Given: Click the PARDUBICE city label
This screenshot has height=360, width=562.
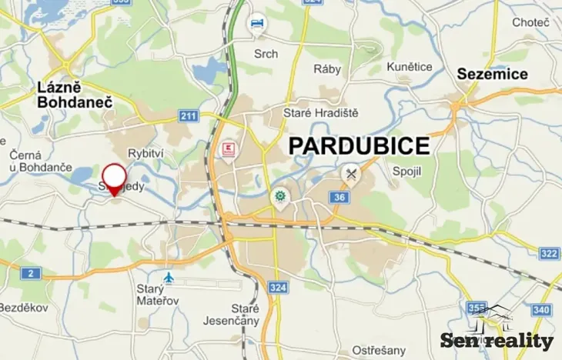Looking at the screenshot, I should (x=359, y=145).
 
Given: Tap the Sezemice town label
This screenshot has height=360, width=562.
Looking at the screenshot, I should (x=493, y=74).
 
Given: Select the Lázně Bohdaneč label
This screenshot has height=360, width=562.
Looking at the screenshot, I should (x=75, y=95).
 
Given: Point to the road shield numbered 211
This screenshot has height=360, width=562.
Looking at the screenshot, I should (x=188, y=116).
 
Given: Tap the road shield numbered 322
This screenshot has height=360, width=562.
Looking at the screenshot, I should (x=549, y=253).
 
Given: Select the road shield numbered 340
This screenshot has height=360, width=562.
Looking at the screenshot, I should (x=542, y=309).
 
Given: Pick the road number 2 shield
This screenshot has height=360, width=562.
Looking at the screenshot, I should (x=30, y=273).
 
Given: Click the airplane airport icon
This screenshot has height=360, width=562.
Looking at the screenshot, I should (x=169, y=278).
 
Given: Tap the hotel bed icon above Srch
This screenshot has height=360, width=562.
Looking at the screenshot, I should (x=257, y=25).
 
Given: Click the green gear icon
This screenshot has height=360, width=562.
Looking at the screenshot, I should (x=280, y=198).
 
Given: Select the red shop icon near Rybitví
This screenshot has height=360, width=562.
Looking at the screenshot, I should (x=228, y=149).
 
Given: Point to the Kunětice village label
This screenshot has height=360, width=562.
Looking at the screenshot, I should (x=410, y=67).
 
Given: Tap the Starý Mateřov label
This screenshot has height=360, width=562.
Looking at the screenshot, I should (x=157, y=294).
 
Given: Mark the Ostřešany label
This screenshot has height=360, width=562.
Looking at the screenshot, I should (x=373, y=351).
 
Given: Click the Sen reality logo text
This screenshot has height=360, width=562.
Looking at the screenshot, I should (x=497, y=341).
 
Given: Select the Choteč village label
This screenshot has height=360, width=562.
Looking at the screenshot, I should (x=531, y=22).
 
